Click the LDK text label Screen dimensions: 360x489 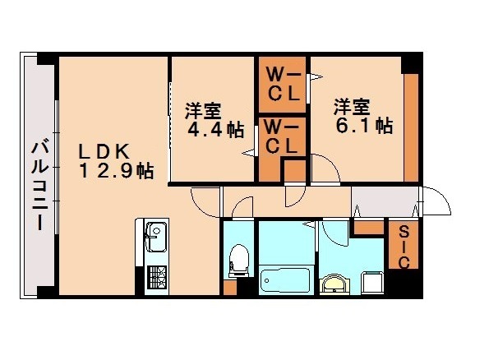tap(103, 152)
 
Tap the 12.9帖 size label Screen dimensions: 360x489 tap(116, 172)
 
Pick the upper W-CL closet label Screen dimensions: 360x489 tap(282, 83)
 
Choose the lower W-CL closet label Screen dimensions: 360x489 tap(282, 137)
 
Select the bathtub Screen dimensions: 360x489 tap(284, 279)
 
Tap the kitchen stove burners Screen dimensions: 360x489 tap(156, 278)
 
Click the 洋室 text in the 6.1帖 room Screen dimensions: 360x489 tap(351, 107)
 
